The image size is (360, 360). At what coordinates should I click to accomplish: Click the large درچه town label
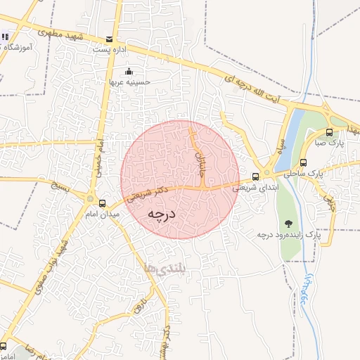[x=161, y=213]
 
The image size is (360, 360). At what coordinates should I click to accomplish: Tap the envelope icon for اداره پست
[x=108, y=39]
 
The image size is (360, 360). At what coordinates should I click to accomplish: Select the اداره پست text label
[x=109, y=50]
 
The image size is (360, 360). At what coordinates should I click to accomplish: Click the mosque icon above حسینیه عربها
[x=128, y=71]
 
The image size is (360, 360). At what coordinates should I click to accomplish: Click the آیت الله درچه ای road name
[x=247, y=89]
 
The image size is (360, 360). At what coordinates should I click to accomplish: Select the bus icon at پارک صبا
[x=330, y=132]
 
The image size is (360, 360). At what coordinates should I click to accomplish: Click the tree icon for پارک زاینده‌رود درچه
[x=287, y=224]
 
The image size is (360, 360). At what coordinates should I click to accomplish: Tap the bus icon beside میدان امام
[x=103, y=202]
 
